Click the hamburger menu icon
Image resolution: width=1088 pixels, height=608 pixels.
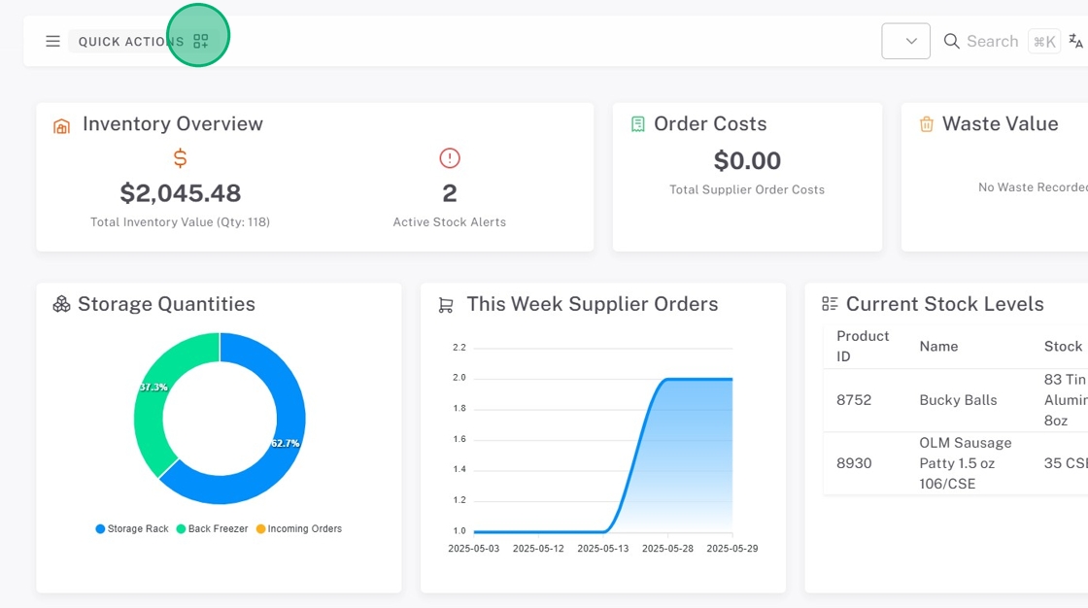pyautogui.click(x=52, y=42)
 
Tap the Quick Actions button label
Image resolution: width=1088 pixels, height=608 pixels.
pyautogui.click(x=130, y=42)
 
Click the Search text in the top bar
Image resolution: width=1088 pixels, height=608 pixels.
pyautogui.click(x=992, y=41)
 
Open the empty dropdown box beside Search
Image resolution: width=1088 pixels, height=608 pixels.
pyautogui.click(x=905, y=41)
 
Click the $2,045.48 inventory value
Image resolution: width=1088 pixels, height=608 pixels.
pyautogui.click(x=180, y=192)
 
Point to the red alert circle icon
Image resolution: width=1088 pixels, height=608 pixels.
pyautogui.click(x=450, y=157)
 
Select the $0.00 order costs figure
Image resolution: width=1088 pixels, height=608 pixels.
pyautogui.click(x=747, y=160)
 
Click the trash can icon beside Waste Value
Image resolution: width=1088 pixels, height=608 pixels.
pyautogui.click(x=927, y=124)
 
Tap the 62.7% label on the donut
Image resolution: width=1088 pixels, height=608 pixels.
pyautogui.click(x=286, y=443)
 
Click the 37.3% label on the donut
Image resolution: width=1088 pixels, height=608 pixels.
pyautogui.click(x=153, y=387)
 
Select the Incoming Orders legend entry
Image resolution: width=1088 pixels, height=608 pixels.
pyautogui.click(x=304, y=529)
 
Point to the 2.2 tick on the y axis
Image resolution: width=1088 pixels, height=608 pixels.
pyautogui.click(x=459, y=347)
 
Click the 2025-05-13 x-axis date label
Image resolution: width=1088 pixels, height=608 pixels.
pyautogui.click(x=603, y=549)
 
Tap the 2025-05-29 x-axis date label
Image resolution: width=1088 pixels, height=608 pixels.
pyautogui.click(x=731, y=549)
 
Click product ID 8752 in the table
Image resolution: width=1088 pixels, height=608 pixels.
pyautogui.click(x=854, y=400)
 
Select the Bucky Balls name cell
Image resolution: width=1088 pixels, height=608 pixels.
pyautogui.click(x=958, y=400)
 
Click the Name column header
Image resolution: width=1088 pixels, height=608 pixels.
pyautogui.click(x=938, y=346)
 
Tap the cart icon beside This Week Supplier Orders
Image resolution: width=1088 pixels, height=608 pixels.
pyautogui.click(x=446, y=305)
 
